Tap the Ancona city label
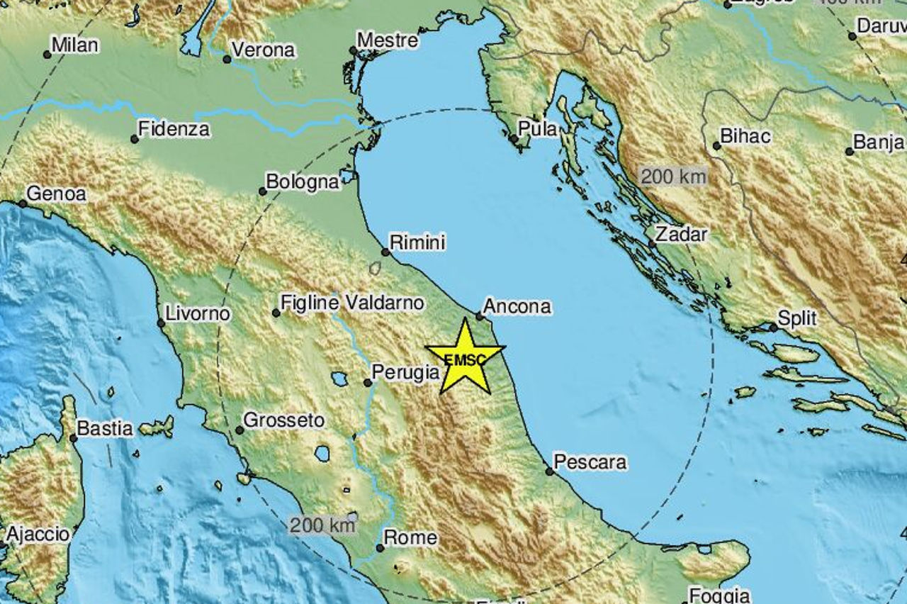point(517,306)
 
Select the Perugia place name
point(406,371)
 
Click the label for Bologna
point(303,182)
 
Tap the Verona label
point(263,50)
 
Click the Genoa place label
point(56,194)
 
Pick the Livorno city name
point(198,313)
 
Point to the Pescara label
point(590,462)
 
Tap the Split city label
point(797,318)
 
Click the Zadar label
point(681,234)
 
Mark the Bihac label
point(745,136)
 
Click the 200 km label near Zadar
point(673,176)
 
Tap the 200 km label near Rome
point(322,525)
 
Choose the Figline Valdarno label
point(352,303)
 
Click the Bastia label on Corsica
point(105,428)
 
